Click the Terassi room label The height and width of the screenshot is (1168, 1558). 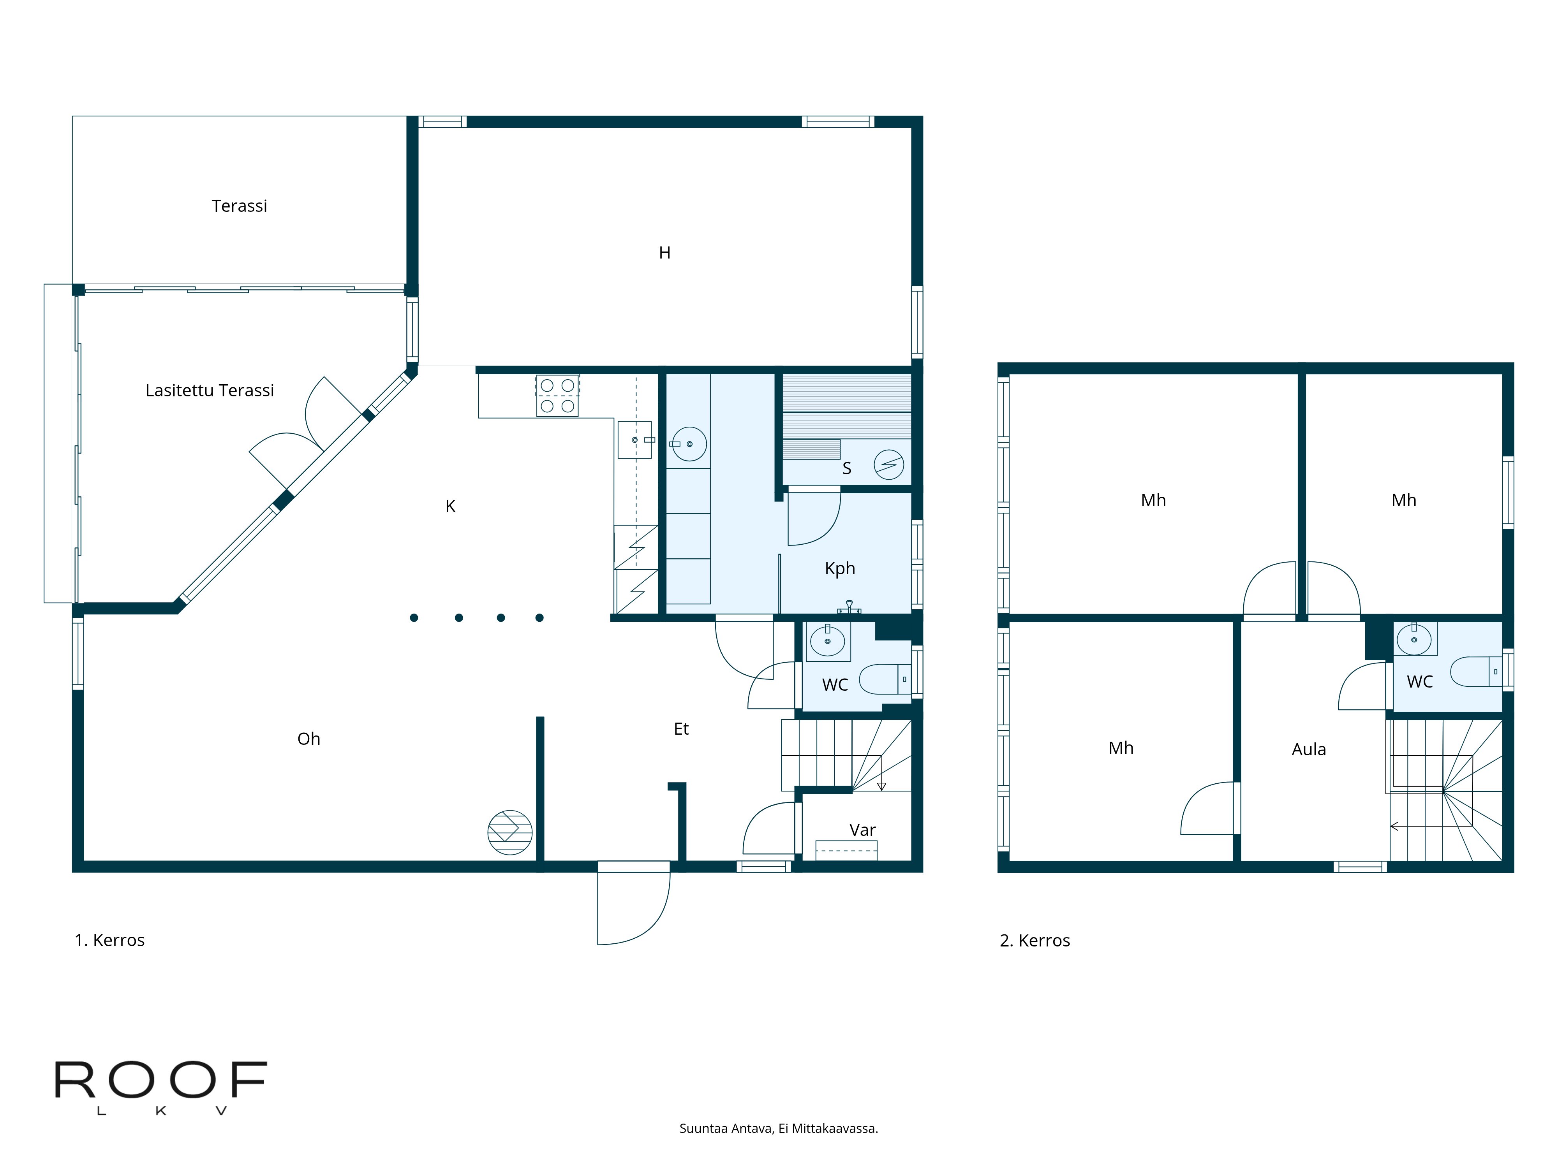click(240, 206)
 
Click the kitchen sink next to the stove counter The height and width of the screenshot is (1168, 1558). click(634, 440)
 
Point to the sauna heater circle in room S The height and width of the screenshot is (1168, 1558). click(889, 464)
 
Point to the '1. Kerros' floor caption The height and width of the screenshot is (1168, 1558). click(110, 940)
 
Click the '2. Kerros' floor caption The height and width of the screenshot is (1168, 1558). click(1035, 941)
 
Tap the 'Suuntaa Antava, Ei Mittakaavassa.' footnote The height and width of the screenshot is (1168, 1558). click(778, 1129)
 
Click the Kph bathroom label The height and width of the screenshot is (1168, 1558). click(840, 568)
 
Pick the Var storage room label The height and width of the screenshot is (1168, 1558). click(862, 830)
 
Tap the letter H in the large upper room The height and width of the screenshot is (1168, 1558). click(664, 253)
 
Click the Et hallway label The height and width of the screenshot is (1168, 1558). click(681, 729)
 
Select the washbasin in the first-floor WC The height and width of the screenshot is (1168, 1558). click(828, 641)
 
